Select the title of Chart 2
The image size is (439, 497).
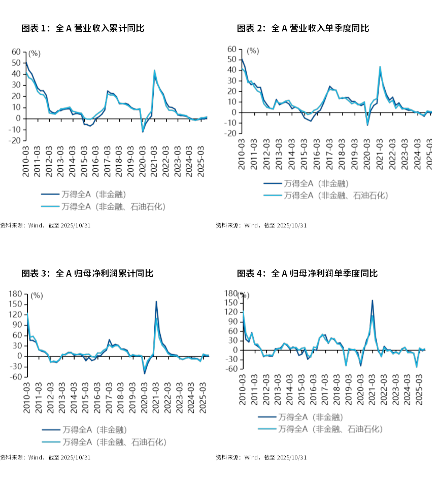point(303,28)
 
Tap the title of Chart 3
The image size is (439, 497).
point(87,274)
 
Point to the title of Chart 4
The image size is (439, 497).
point(308,274)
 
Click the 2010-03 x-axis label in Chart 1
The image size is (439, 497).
point(25,161)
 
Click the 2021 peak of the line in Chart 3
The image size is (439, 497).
point(156,301)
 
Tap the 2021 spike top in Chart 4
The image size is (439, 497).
point(373,300)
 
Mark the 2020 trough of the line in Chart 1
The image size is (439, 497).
point(143,132)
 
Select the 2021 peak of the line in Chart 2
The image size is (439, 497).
point(380,66)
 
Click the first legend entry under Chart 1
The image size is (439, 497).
point(84,194)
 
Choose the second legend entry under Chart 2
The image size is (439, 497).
point(325,196)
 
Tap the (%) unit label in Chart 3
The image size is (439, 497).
point(37,296)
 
